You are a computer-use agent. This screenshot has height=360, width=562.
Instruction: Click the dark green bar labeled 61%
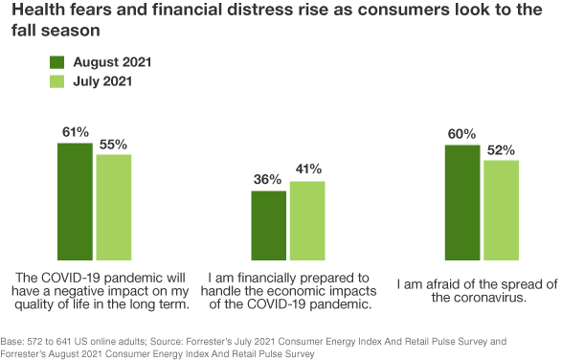75,201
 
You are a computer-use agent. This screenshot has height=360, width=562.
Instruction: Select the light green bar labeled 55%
114,207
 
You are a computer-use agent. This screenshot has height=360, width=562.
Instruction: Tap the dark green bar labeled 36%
268,225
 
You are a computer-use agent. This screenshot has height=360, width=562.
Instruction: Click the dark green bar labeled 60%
462,202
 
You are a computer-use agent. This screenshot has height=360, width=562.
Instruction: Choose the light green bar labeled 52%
501,210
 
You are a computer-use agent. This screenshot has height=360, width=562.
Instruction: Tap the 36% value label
268,179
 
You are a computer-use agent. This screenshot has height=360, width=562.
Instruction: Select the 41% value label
307,169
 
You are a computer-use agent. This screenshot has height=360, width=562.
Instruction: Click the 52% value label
501,149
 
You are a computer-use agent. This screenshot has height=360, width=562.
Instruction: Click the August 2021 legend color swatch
56,61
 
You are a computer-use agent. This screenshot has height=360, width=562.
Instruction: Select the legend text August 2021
112,61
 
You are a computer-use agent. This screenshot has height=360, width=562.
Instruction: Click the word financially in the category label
256,278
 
